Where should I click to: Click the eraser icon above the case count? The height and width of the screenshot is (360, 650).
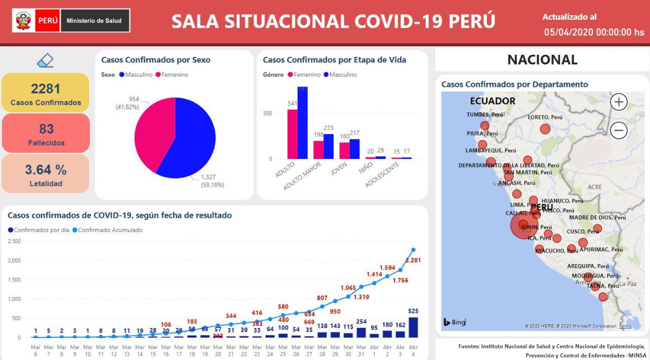pos(45,61)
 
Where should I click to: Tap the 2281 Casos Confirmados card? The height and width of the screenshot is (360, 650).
pos(46,93)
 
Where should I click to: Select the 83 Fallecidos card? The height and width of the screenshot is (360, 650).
pos(46,134)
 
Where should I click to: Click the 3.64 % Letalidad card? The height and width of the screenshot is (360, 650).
pos(46,174)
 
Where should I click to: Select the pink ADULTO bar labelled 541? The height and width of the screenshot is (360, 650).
pos(292,134)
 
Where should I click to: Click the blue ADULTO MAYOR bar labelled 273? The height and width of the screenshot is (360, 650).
pos(328,146)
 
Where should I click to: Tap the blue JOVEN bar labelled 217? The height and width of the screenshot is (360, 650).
pos(354,149)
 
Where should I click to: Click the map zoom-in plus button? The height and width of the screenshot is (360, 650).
pos(619,102)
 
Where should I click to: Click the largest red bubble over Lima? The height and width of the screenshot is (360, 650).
pos(524,225)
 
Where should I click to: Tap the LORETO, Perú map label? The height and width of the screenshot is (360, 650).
pos(545,117)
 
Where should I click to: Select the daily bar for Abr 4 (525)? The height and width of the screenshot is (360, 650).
pos(413,328)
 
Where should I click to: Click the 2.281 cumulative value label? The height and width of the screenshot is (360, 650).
pos(413,260)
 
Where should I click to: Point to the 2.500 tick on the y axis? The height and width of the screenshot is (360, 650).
pos(14,241)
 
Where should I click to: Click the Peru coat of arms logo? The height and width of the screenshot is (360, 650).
pos(23,21)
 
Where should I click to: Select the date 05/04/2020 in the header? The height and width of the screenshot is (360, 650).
pos(569,32)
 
